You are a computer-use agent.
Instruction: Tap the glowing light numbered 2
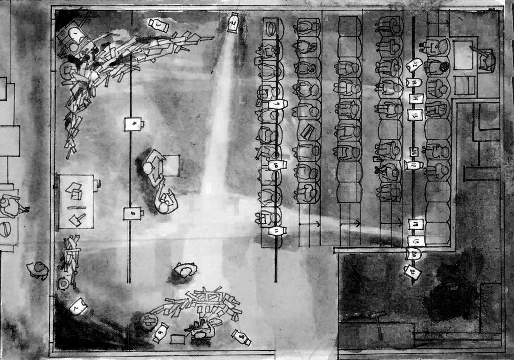(x=78, y=306)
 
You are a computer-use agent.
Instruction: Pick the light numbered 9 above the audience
(x=277, y=104)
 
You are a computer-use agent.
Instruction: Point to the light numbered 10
(x=277, y=165)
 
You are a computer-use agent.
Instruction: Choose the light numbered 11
(x=277, y=230)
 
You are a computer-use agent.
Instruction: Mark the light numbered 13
(x=414, y=82)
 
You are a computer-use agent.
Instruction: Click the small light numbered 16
(x=413, y=152)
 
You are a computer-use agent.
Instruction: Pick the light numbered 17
(x=414, y=165)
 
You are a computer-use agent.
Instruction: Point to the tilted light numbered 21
(x=412, y=273)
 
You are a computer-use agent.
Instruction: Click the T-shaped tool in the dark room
(x=377, y=321)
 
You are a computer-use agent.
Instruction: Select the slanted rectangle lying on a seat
(x=308, y=130)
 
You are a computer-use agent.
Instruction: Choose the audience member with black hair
(x=443, y=67)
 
